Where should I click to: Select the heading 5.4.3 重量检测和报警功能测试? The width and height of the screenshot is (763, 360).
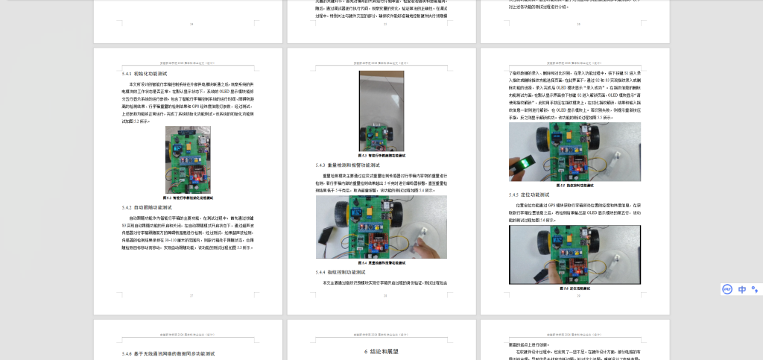point(347,165)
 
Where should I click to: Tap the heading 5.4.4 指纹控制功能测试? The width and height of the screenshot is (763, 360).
point(342,272)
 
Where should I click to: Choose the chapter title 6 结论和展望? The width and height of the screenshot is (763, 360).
point(381,350)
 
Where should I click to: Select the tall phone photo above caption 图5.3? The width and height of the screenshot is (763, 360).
point(381,110)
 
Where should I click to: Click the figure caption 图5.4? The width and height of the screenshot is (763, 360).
point(381,262)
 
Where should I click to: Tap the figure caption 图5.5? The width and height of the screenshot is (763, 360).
point(574,185)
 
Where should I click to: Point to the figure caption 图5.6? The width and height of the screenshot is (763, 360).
point(574,288)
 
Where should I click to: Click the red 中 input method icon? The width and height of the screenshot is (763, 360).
point(742,289)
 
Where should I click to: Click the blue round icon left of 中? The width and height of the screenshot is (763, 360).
point(727,289)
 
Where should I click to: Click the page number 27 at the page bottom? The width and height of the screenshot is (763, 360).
point(191,296)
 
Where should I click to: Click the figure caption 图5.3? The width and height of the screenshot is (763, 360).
point(381,155)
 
